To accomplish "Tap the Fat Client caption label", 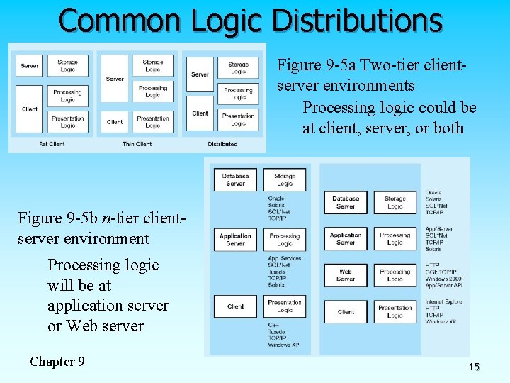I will click(x=52, y=144).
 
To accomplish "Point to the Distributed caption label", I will click(x=222, y=144).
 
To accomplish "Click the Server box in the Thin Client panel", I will click(x=115, y=79).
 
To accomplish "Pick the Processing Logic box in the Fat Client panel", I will click(x=67, y=96).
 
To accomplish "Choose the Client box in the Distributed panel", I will click(x=200, y=113).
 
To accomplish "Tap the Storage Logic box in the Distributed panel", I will click(x=238, y=68).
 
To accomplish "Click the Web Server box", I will click(x=346, y=275).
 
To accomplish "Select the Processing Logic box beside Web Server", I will click(x=395, y=275).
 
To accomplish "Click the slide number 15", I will click(x=474, y=367).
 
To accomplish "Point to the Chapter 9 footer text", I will click(x=57, y=362).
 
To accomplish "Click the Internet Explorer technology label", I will click(x=444, y=302).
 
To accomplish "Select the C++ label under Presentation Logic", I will click(x=273, y=326).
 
